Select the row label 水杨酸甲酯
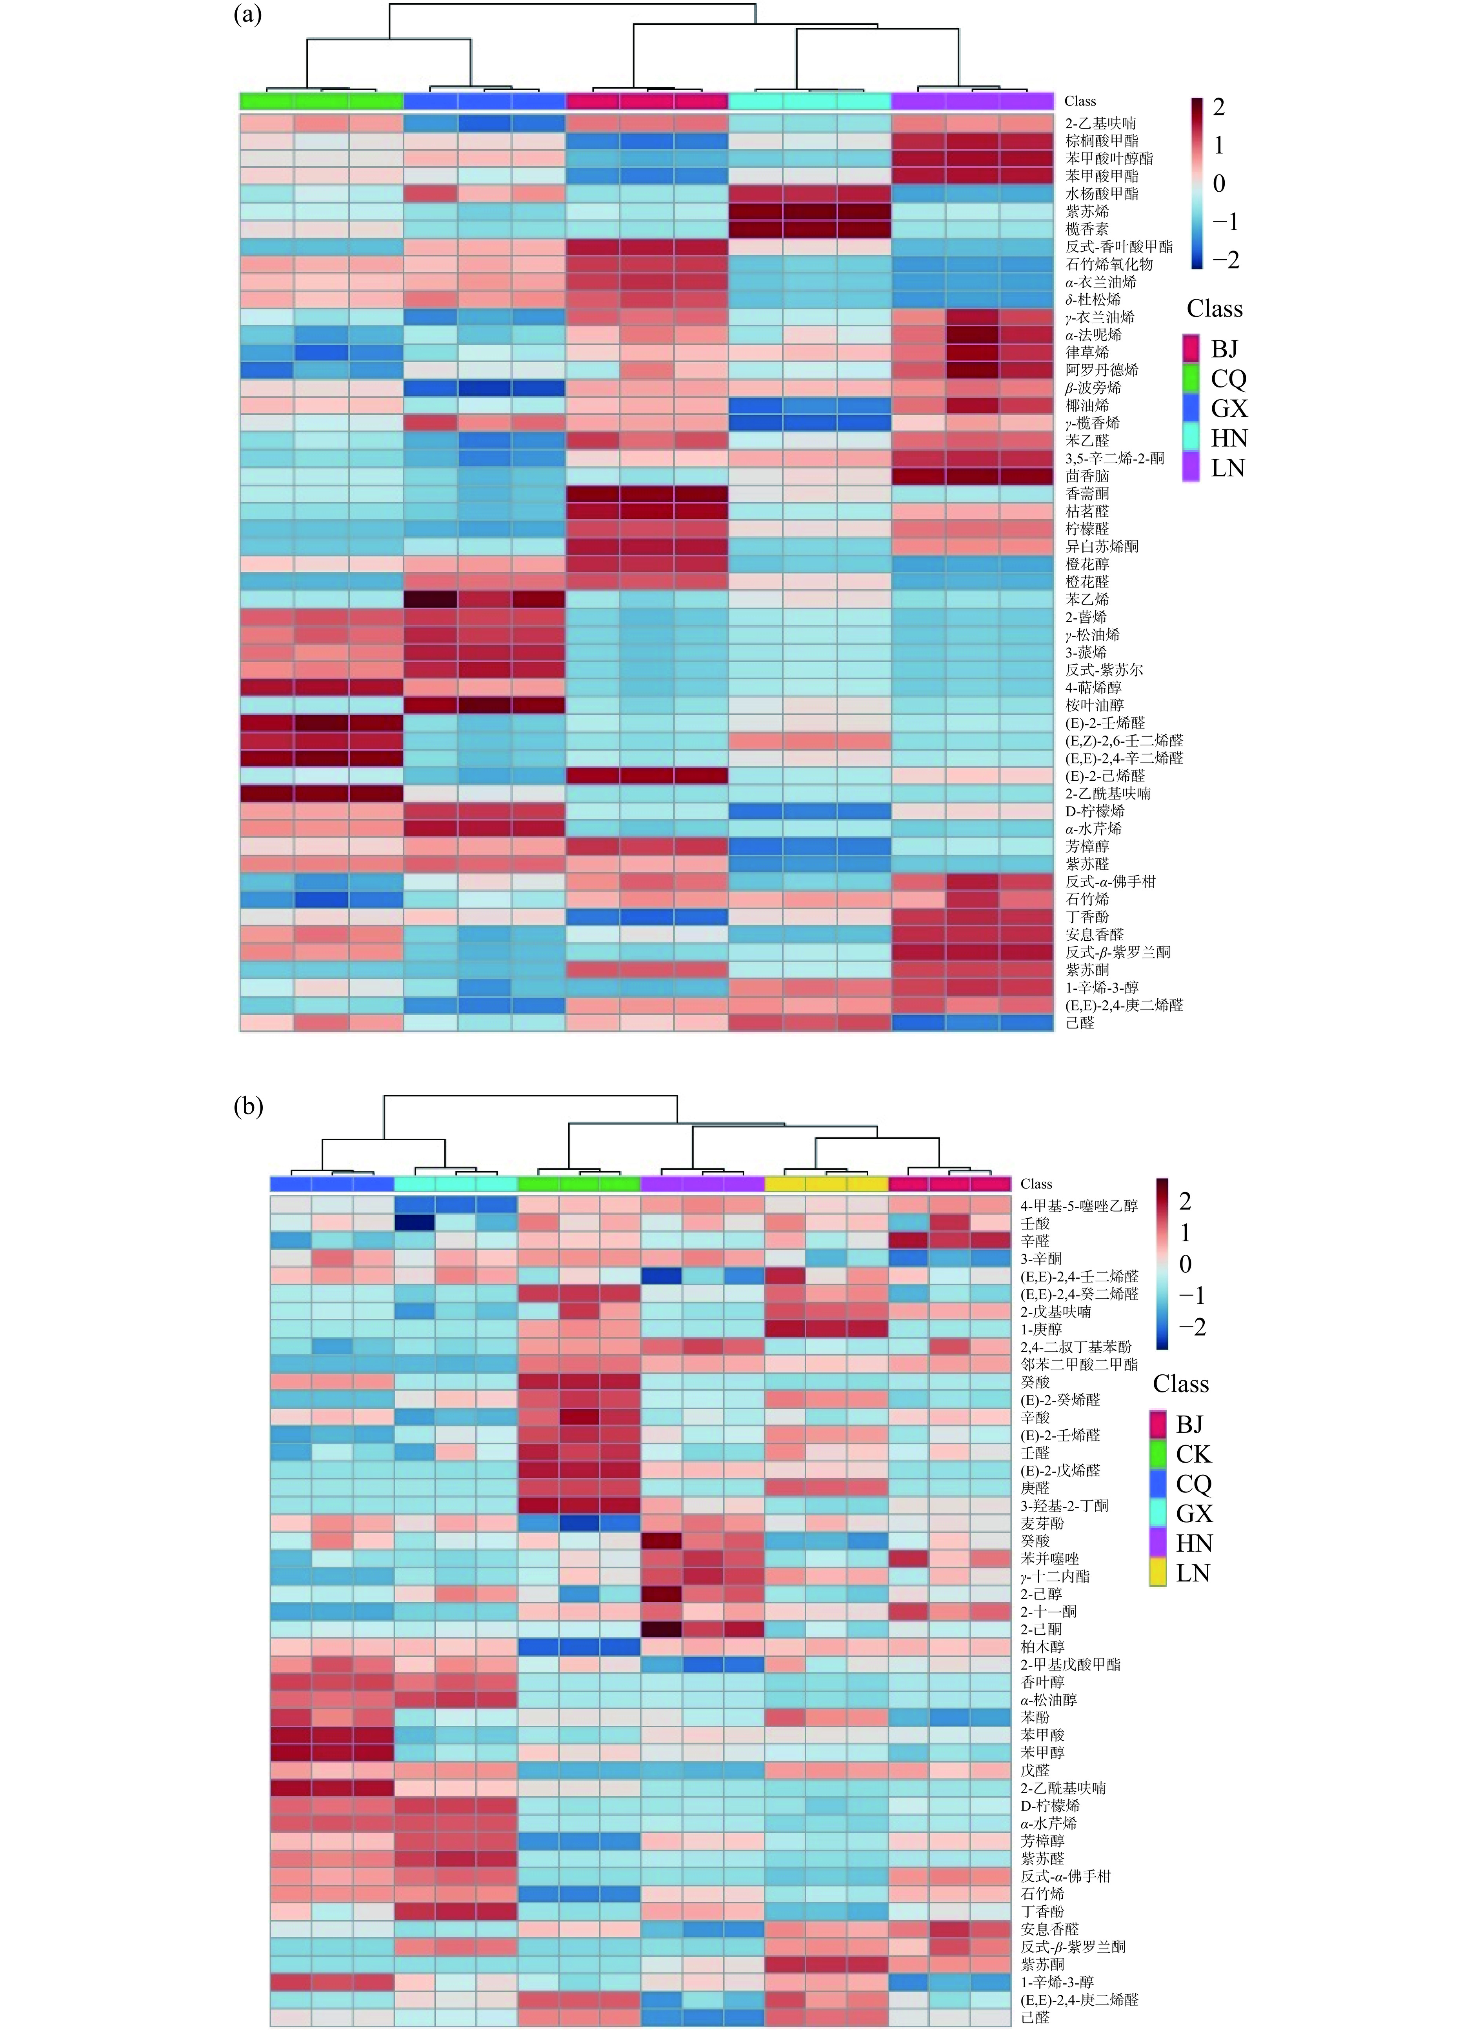[1102, 194]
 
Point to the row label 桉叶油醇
[1095, 705]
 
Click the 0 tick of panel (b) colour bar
[1185, 1264]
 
